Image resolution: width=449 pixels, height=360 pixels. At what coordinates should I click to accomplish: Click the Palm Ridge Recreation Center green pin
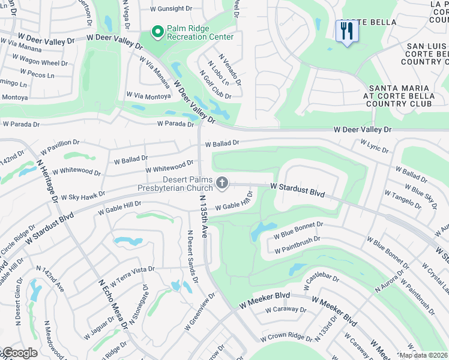point(158,31)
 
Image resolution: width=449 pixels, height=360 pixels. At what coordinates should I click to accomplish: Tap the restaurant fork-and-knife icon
point(346,31)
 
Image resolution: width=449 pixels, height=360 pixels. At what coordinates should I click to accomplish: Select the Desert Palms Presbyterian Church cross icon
point(223,182)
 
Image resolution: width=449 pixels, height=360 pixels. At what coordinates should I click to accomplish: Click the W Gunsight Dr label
point(171,9)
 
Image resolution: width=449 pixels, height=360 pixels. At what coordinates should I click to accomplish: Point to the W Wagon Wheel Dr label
point(43,63)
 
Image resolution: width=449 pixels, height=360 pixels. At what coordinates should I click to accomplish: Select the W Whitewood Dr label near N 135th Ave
point(170,166)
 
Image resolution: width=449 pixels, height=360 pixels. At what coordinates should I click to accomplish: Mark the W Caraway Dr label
point(285,310)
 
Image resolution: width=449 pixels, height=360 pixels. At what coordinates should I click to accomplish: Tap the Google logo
point(19,353)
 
